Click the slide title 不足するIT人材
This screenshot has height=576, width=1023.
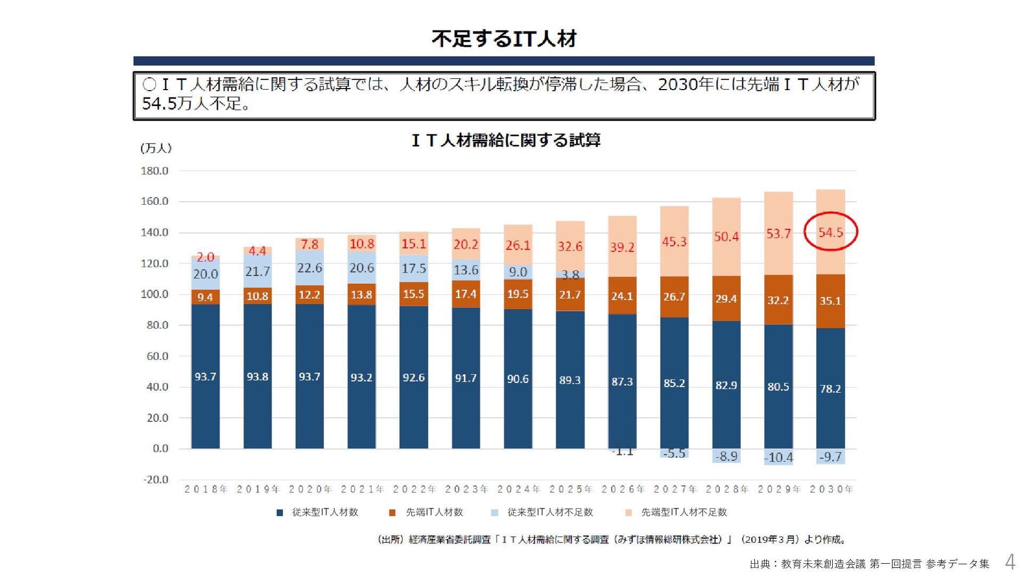click(x=504, y=39)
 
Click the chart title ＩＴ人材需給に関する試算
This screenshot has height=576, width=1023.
click(x=506, y=140)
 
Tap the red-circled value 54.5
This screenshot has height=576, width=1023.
click(x=831, y=233)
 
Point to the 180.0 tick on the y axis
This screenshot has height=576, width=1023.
click(x=155, y=171)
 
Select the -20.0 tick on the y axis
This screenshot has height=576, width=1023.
click(x=155, y=479)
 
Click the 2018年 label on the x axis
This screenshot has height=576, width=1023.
click(x=206, y=489)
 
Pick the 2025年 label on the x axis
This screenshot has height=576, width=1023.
click(x=571, y=489)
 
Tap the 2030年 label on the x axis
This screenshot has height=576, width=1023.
click(x=831, y=489)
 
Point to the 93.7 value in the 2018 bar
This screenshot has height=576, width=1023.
click(x=205, y=377)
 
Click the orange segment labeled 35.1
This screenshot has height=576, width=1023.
click(x=830, y=301)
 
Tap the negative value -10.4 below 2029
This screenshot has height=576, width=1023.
click(x=778, y=458)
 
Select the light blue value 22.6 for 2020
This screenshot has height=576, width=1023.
click(x=310, y=268)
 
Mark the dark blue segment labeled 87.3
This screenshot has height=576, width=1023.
click(x=622, y=382)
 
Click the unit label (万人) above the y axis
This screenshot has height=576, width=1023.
click(x=156, y=148)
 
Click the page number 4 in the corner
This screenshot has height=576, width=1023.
click(x=1010, y=562)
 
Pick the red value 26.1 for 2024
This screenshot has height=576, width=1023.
click(x=518, y=245)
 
